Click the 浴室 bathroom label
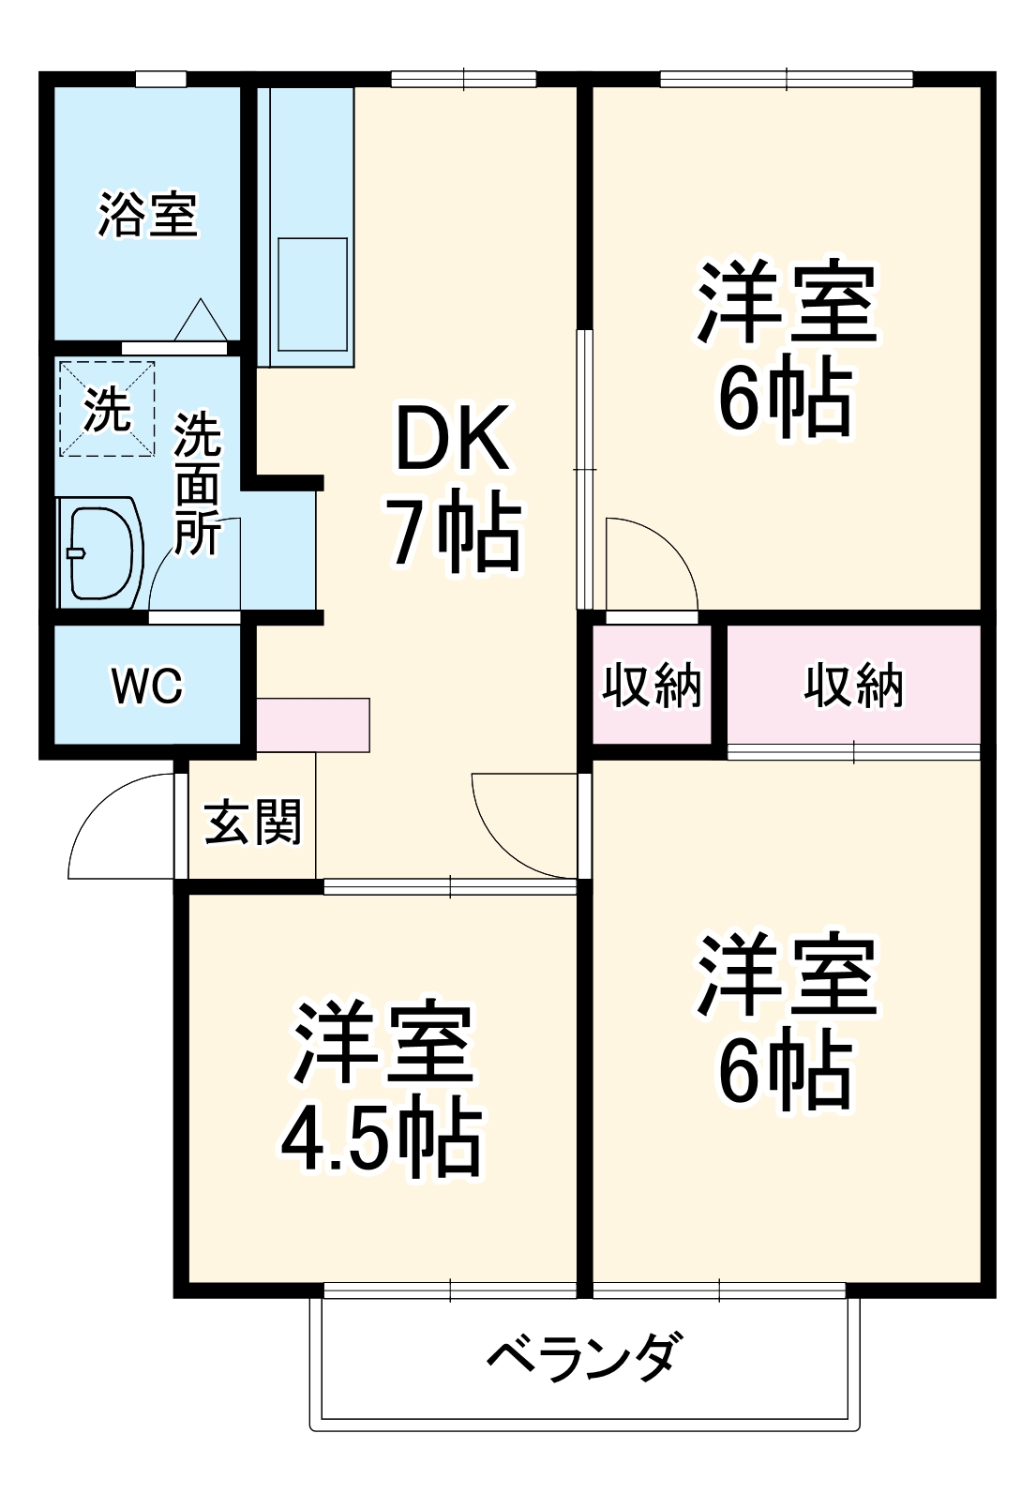(148, 215)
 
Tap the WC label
(148, 687)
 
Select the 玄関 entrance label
(253, 822)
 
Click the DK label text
(454, 439)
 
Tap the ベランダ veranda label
(581, 1355)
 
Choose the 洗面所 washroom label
(198, 482)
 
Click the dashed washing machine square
(108, 409)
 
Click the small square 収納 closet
(652, 685)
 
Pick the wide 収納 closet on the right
(853, 685)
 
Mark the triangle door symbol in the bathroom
(201, 321)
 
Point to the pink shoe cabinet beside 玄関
(313, 724)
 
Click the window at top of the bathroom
(160, 80)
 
